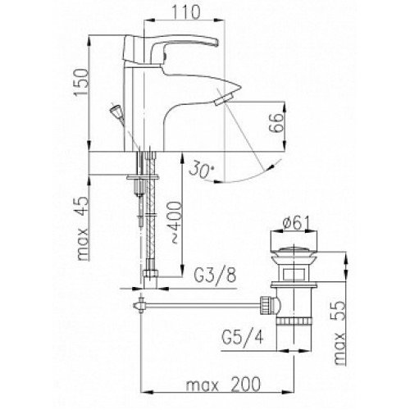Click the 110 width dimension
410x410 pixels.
pyautogui.click(x=186, y=12)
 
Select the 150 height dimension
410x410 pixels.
pyautogui.click(x=81, y=82)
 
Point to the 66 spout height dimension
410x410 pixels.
pyautogui.click(x=276, y=123)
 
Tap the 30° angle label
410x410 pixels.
pyautogui.click(x=201, y=170)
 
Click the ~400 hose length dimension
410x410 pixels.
pyautogui.click(x=175, y=222)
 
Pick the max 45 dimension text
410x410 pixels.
pyautogui.click(x=83, y=228)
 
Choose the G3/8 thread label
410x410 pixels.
pyautogui.click(x=215, y=276)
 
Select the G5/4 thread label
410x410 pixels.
pyautogui.click(x=243, y=337)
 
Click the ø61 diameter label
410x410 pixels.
pyautogui.click(x=296, y=223)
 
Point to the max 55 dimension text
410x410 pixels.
pyautogui.click(x=339, y=333)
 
